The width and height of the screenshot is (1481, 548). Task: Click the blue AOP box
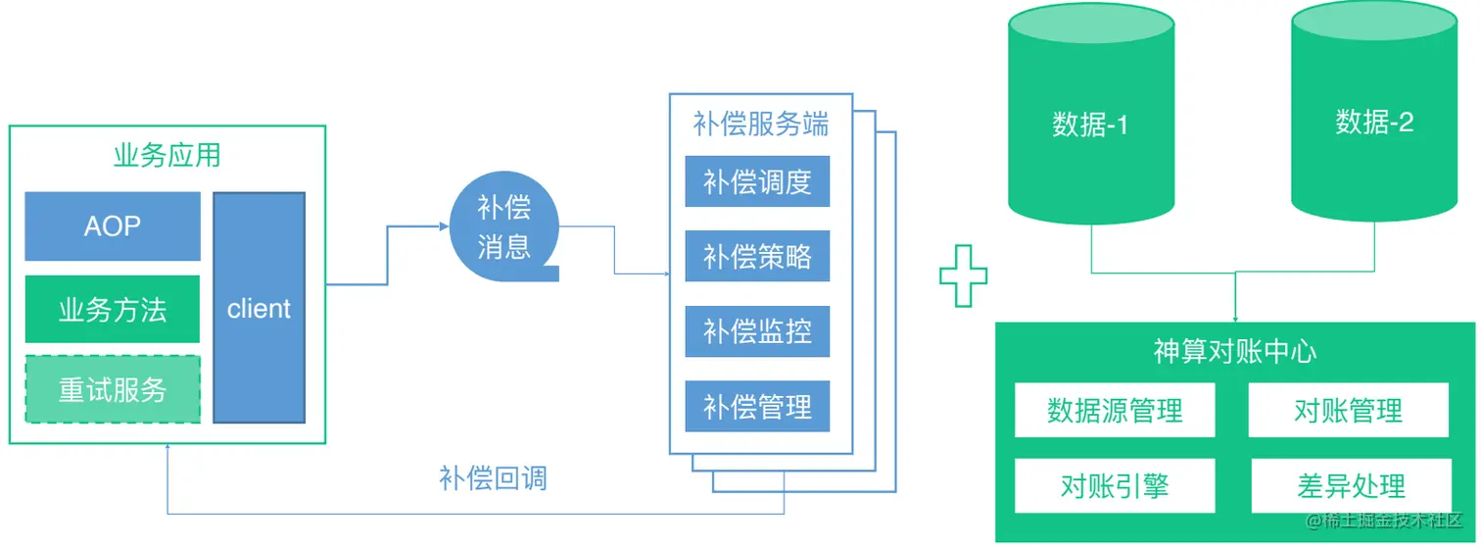pyautogui.click(x=112, y=226)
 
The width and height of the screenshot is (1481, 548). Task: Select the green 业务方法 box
pyautogui.click(x=112, y=310)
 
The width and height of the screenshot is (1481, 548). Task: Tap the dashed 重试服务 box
pyautogui.click(x=112, y=389)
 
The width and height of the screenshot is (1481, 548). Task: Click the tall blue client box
pyautogui.click(x=259, y=308)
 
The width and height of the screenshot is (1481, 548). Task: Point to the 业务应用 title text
pyautogui.click(x=167, y=155)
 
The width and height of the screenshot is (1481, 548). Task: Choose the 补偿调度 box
pyautogui.click(x=757, y=181)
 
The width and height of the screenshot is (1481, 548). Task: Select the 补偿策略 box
pyautogui.click(x=757, y=256)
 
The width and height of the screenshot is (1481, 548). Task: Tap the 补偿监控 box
pyautogui.click(x=757, y=331)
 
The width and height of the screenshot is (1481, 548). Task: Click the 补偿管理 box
pyautogui.click(x=757, y=406)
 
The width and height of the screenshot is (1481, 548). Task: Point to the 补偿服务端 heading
pyautogui.click(x=760, y=125)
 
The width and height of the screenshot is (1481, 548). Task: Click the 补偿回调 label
pyautogui.click(x=493, y=478)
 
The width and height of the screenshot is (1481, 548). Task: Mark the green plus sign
pyautogui.click(x=964, y=274)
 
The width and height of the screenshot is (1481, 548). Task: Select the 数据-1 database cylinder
pyautogui.click(x=1090, y=123)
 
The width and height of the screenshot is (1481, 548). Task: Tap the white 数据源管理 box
pyautogui.click(x=1115, y=410)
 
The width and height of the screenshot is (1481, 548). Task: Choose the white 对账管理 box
pyautogui.click(x=1348, y=410)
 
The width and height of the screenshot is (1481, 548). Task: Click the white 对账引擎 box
pyautogui.click(x=1115, y=485)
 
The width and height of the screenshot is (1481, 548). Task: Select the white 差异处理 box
pyautogui.click(x=1348, y=485)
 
